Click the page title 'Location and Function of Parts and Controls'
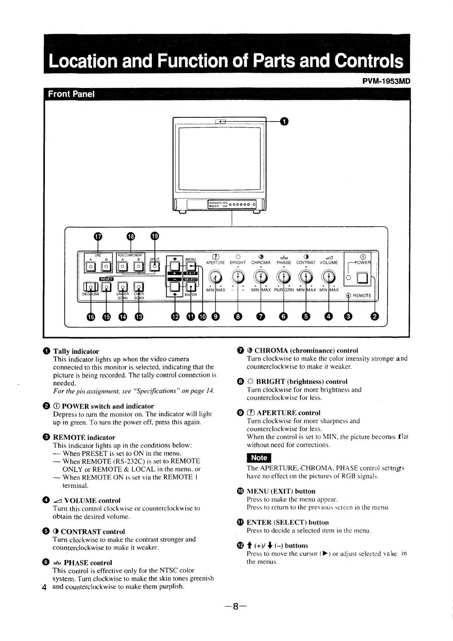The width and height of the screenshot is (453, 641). (226, 61)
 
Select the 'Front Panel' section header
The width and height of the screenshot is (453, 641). (71, 94)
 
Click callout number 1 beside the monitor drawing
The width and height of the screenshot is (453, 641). (284, 121)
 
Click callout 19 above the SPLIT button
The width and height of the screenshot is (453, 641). (155, 236)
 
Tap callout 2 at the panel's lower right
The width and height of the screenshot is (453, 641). (375, 316)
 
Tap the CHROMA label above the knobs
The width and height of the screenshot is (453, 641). (261, 262)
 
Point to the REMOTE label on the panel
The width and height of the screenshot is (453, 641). (362, 296)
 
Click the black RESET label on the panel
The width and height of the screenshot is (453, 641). (106, 279)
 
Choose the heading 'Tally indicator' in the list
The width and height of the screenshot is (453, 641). (76, 351)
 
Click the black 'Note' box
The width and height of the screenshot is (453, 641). (259, 458)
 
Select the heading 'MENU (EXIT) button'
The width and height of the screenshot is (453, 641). (281, 491)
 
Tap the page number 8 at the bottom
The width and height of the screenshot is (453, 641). (235, 606)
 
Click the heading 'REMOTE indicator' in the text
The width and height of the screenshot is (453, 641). (84, 437)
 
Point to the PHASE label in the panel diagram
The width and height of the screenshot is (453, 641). (284, 262)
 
